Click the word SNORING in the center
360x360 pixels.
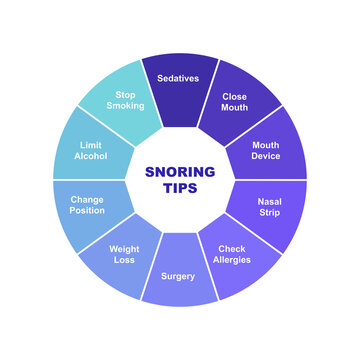pyautogui.click(x=180, y=171)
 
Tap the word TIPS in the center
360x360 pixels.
pyautogui.click(x=180, y=188)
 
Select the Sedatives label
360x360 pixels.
pyautogui.click(x=179, y=77)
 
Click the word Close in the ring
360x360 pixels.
pyautogui.click(x=234, y=97)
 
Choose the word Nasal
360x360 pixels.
pyautogui.click(x=269, y=201)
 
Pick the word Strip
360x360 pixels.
pyautogui.click(x=269, y=213)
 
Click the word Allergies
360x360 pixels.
pyautogui.click(x=232, y=260)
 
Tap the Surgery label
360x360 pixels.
pyautogui.click(x=180, y=276)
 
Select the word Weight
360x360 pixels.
pyautogui.click(x=125, y=248)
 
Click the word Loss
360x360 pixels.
pyautogui.click(x=125, y=260)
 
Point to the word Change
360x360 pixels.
pyautogui.click(x=87, y=199)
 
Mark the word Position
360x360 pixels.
pyautogui.click(x=87, y=211)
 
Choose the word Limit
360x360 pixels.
pyautogui.click(x=89, y=143)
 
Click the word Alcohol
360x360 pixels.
pyautogui.click(x=89, y=156)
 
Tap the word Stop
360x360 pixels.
pyautogui.click(x=125, y=93)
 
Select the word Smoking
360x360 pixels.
pyautogui.click(x=125, y=105)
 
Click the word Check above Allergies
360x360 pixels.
pyautogui.click(x=232, y=248)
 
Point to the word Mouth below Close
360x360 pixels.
pyautogui.click(x=234, y=109)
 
